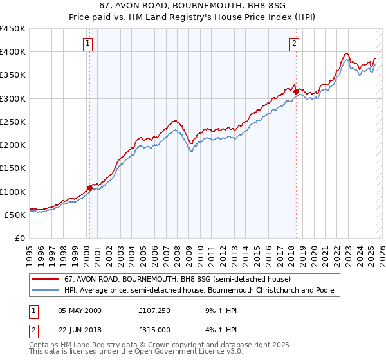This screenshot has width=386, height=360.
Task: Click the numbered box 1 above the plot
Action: (x=87, y=44)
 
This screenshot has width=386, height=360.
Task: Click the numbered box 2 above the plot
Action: (x=294, y=44)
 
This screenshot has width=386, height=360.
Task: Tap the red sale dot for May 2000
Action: (x=90, y=188)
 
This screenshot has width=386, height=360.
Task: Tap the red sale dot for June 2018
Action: (x=296, y=91)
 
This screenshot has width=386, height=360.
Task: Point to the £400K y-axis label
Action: (x=13, y=52)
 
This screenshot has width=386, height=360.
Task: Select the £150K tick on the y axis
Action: (x=13, y=168)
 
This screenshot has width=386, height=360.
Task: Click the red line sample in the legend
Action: (x=46, y=279)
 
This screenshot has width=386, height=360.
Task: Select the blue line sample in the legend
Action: (x=46, y=290)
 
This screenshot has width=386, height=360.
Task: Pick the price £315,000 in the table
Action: (x=155, y=329)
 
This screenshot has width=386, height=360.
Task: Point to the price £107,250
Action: (x=155, y=310)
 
